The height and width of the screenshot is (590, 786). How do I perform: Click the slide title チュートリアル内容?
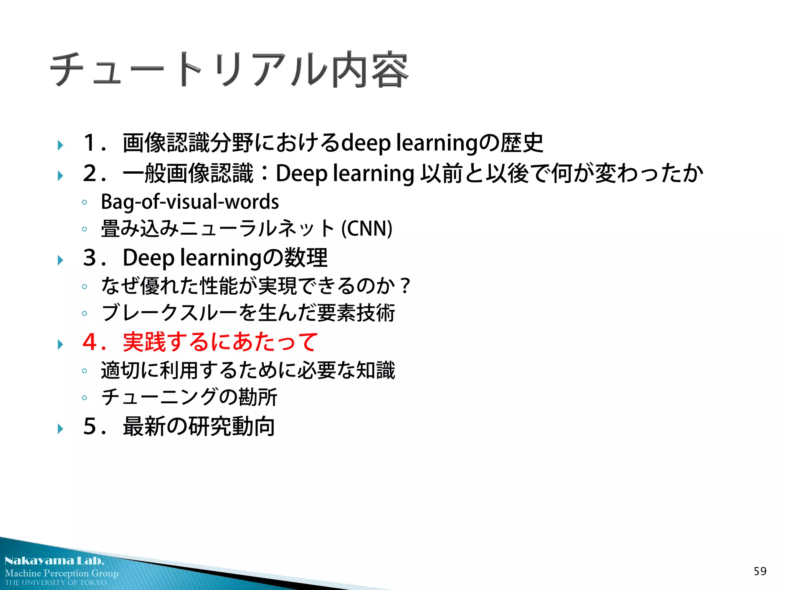(x=229, y=70)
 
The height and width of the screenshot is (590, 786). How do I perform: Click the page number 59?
(x=760, y=571)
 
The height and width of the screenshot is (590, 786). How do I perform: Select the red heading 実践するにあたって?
(x=220, y=341)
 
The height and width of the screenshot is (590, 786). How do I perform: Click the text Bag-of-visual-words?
(x=190, y=202)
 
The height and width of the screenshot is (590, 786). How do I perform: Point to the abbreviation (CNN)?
(x=367, y=228)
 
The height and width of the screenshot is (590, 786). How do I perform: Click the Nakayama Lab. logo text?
(x=54, y=560)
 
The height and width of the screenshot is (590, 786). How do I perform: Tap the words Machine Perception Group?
(x=61, y=573)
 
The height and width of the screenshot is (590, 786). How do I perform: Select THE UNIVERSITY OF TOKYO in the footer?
(x=56, y=582)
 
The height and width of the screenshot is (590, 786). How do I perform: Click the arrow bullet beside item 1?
(x=60, y=145)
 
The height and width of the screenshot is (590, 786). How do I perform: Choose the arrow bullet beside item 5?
(x=60, y=429)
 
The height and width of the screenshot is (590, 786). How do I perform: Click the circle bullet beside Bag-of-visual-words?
(x=84, y=202)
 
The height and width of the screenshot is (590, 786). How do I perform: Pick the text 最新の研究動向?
(x=198, y=426)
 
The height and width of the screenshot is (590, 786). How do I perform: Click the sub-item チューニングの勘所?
(x=189, y=397)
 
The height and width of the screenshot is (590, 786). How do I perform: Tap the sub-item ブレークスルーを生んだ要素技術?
(x=248, y=313)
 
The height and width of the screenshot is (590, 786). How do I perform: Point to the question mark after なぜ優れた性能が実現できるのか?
(x=405, y=286)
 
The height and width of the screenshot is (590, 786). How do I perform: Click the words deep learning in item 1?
(x=410, y=143)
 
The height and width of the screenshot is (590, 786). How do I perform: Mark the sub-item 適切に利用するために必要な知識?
(x=248, y=370)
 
